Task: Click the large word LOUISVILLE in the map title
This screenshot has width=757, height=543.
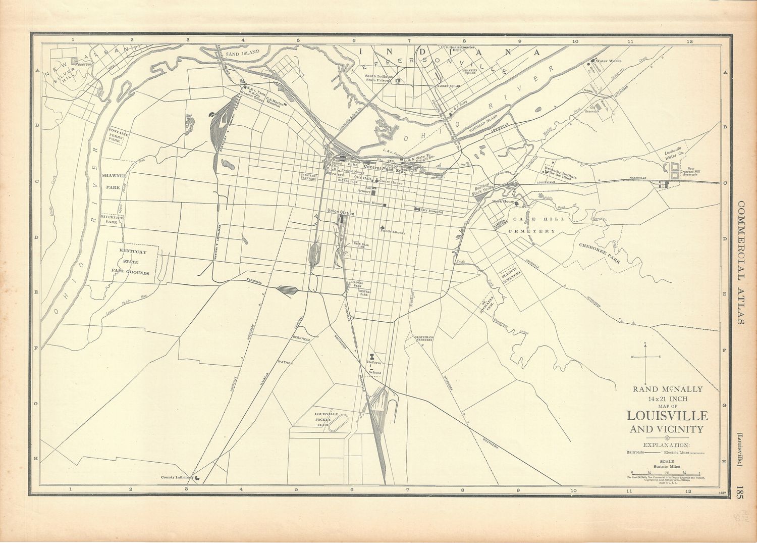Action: (667, 416)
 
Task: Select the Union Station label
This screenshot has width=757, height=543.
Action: (340, 214)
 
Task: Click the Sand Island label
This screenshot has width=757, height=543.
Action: (242, 52)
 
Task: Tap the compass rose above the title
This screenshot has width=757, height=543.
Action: (645, 357)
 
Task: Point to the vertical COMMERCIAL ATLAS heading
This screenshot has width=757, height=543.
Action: (741, 263)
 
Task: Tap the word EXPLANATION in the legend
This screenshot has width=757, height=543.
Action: (667, 445)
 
